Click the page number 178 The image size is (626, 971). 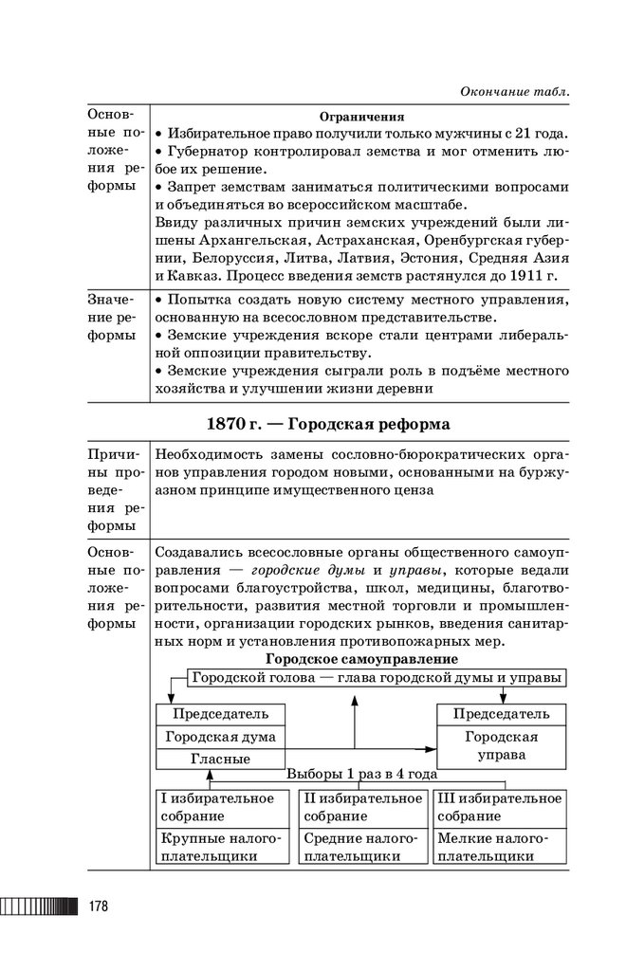point(98,906)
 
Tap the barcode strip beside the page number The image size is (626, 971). point(41,906)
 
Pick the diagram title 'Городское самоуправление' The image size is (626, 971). point(361,658)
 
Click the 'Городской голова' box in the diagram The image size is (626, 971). point(377,678)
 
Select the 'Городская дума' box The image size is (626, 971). point(220,736)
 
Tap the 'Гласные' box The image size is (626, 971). point(220,759)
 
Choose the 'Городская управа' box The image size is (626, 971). point(502,746)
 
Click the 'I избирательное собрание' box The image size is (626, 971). point(221,807)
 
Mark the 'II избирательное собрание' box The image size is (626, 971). point(362,807)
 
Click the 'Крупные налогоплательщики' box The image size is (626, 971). point(221,847)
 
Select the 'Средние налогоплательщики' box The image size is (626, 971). point(362,847)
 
